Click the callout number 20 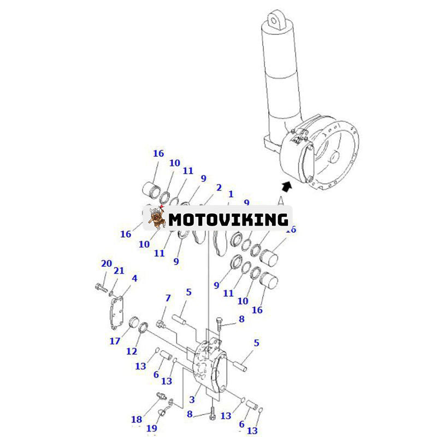[x=107, y=264]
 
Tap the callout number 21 [x=119, y=271]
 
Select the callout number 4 [x=134, y=278]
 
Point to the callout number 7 [x=168, y=298]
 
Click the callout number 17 [x=114, y=342]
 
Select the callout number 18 [x=137, y=420]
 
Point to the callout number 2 [x=219, y=187]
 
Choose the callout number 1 [x=231, y=194]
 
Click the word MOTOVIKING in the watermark [x=228, y=220]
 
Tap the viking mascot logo [x=157, y=218]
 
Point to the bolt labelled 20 [x=100, y=287]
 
